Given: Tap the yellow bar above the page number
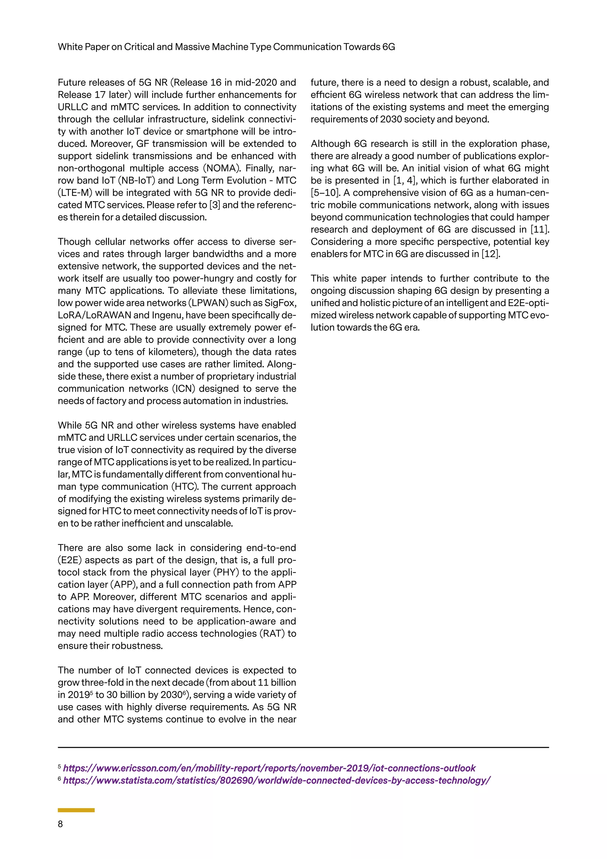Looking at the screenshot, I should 76,810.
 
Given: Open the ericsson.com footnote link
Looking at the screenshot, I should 269,768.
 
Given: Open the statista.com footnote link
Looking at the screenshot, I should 277,780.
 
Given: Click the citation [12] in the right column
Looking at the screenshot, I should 491,254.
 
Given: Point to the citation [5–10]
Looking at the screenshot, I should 324,193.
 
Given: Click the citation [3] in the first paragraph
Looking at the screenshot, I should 215,205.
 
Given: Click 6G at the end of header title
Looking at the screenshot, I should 388,47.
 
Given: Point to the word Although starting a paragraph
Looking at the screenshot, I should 330,144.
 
